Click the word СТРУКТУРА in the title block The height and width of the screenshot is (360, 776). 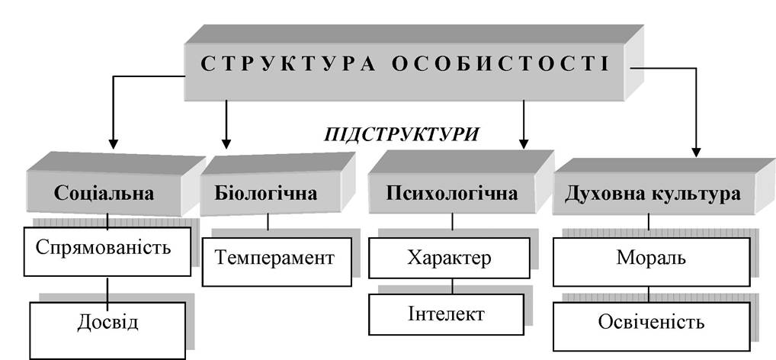(x=287, y=65)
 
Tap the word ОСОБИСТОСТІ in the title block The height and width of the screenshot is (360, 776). (x=501, y=65)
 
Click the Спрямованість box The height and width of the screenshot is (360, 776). (x=107, y=252)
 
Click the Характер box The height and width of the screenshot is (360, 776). (x=449, y=258)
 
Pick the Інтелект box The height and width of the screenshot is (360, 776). (x=446, y=314)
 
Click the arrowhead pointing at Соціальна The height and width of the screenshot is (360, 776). (x=114, y=143)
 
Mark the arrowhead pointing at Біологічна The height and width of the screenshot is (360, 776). (x=226, y=143)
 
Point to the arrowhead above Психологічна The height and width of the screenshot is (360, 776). (x=524, y=143)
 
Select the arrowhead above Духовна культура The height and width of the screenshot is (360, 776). (x=696, y=152)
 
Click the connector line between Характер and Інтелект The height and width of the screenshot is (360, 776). (x=452, y=286)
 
